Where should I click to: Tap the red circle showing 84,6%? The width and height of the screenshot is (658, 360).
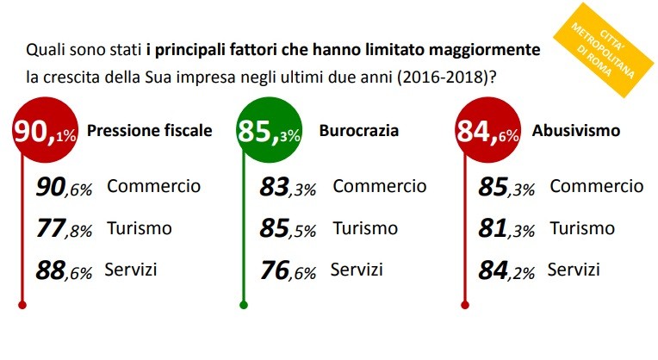[488, 134]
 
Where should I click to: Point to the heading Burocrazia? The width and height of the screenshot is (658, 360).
[360, 133]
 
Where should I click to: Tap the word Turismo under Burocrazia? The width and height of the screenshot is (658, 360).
[365, 228]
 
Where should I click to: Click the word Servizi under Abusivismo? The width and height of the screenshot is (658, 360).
[574, 270]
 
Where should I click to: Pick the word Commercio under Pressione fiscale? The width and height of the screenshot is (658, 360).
[154, 185]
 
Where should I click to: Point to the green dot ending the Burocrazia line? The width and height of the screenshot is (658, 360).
[244, 304]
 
